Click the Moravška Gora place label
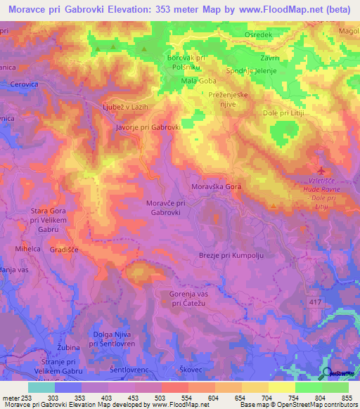(217, 187)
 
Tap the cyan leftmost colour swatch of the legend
(41, 387)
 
